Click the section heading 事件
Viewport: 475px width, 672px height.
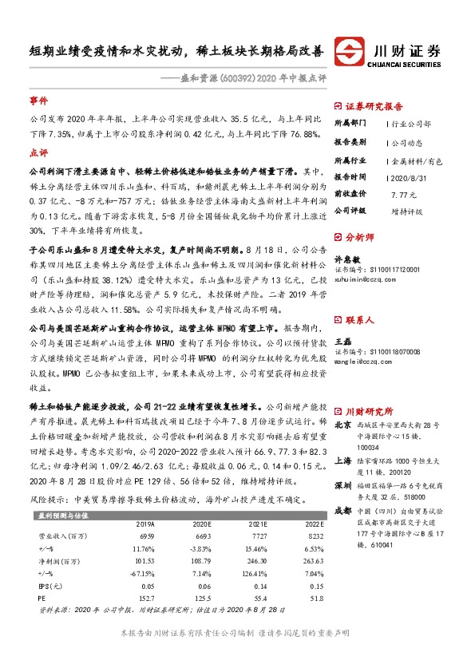(38, 101)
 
